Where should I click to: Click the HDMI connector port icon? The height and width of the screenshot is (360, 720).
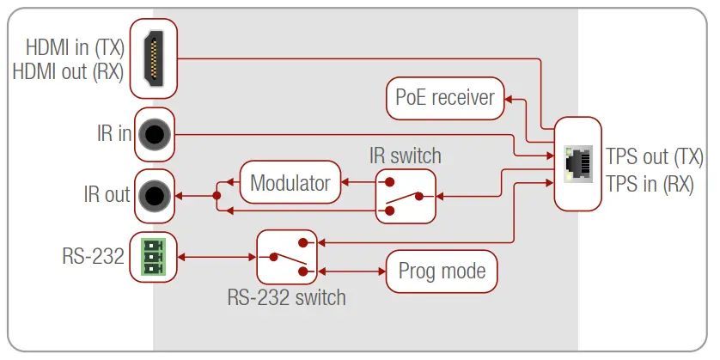click(x=154, y=58)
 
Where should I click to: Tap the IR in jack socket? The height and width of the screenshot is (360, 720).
click(x=155, y=134)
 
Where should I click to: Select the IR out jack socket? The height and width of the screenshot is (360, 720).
click(x=155, y=195)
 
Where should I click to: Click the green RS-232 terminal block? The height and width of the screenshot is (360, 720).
click(x=153, y=256)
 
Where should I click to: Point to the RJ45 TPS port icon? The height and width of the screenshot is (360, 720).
click(x=577, y=164)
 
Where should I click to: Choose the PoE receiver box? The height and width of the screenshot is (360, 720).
click(x=444, y=96)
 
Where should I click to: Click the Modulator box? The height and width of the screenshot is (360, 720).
click(x=290, y=182)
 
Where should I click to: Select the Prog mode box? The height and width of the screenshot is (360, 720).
click(x=442, y=272)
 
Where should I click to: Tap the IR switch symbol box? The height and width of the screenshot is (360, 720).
click(x=406, y=195)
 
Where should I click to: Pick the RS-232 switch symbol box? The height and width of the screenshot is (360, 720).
click(x=288, y=256)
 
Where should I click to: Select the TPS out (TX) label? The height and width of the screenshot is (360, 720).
click(x=655, y=156)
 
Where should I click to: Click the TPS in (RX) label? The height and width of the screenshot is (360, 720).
click(x=650, y=183)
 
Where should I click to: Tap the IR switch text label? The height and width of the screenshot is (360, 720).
click(x=405, y=156)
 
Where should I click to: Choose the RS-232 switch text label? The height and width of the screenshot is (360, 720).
click(x=286, y=297)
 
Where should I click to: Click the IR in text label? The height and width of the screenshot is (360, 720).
click(x=113, y=134)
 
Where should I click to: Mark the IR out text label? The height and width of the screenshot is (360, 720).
click(x=105, y=195)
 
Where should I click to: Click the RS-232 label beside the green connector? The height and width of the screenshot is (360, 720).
click(x=93, y=256)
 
